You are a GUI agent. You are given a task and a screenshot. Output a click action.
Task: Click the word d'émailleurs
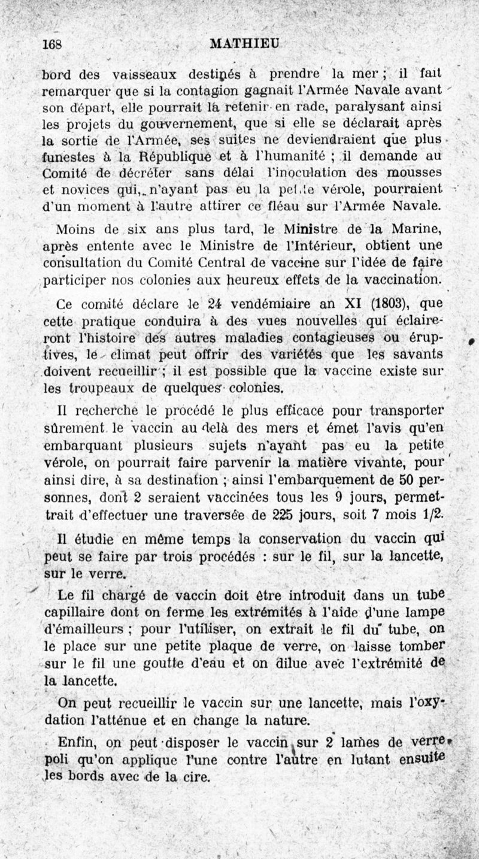pos(87,629)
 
